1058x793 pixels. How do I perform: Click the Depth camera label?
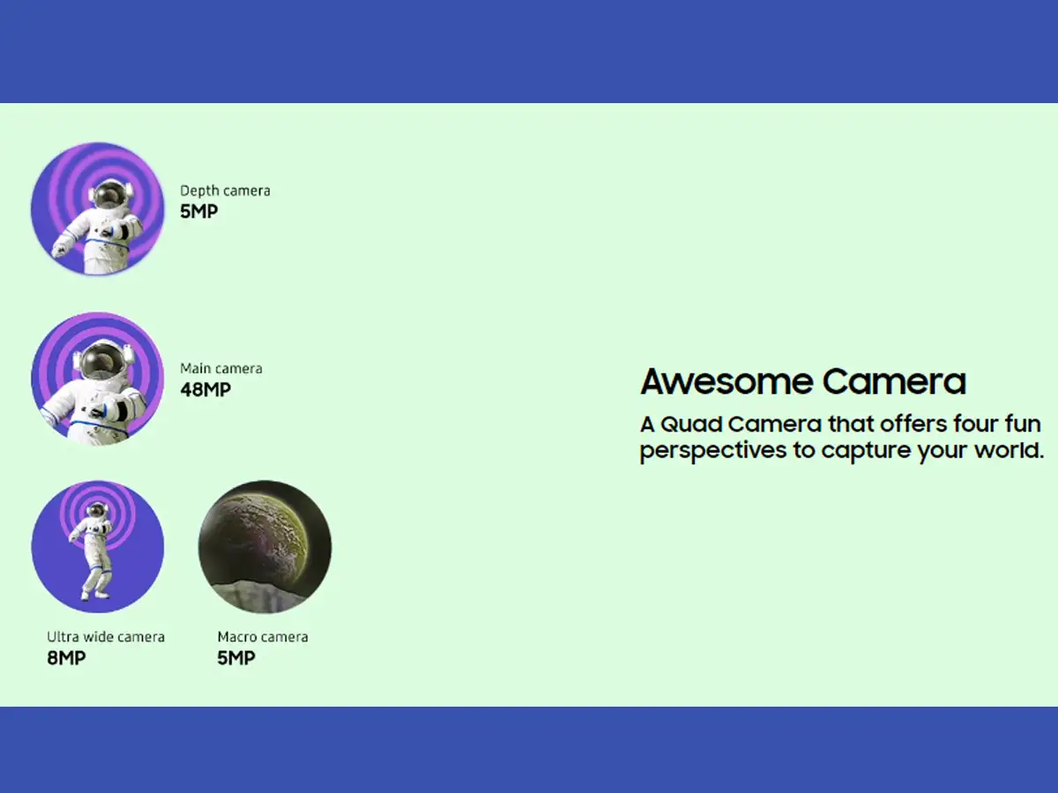pos(225,191)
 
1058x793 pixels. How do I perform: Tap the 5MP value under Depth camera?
pos(198,211)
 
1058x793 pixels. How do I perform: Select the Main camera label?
pos(221,369)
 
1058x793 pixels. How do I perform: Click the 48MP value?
pos(205,389)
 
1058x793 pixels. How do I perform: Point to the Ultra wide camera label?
pos(106,637)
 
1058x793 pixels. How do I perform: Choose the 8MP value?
pos(66,657)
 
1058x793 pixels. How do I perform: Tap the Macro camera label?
pos(263,637)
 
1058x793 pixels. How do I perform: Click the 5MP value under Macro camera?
pos(236,657)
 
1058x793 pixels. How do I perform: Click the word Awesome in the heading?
pos(726,382)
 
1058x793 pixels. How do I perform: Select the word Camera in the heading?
pos(894,382)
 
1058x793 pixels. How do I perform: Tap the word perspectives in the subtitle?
pos(713,451)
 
